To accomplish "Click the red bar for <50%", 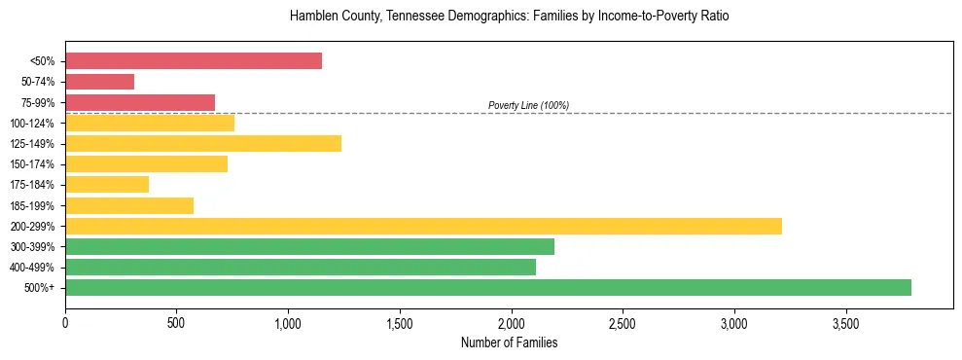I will (x=193, y=61).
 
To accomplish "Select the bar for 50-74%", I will (x=99, y=82).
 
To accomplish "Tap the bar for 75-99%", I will (x=139, y=102).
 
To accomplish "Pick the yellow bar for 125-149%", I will (x=202, y=144).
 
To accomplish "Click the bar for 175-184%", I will (x=107, y=185).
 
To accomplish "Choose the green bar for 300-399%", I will (x=309, y=247).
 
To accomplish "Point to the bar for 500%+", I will (x=487, y=288).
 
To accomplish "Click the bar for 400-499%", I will (x=300, y=268).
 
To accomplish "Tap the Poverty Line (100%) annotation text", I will (x=528, y=105).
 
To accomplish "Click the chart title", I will (x=509, y=17).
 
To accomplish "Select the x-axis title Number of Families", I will (x=509, y=342).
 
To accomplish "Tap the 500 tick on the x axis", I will (x=176, y=323).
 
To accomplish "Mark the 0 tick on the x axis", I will (x=65, y=323).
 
